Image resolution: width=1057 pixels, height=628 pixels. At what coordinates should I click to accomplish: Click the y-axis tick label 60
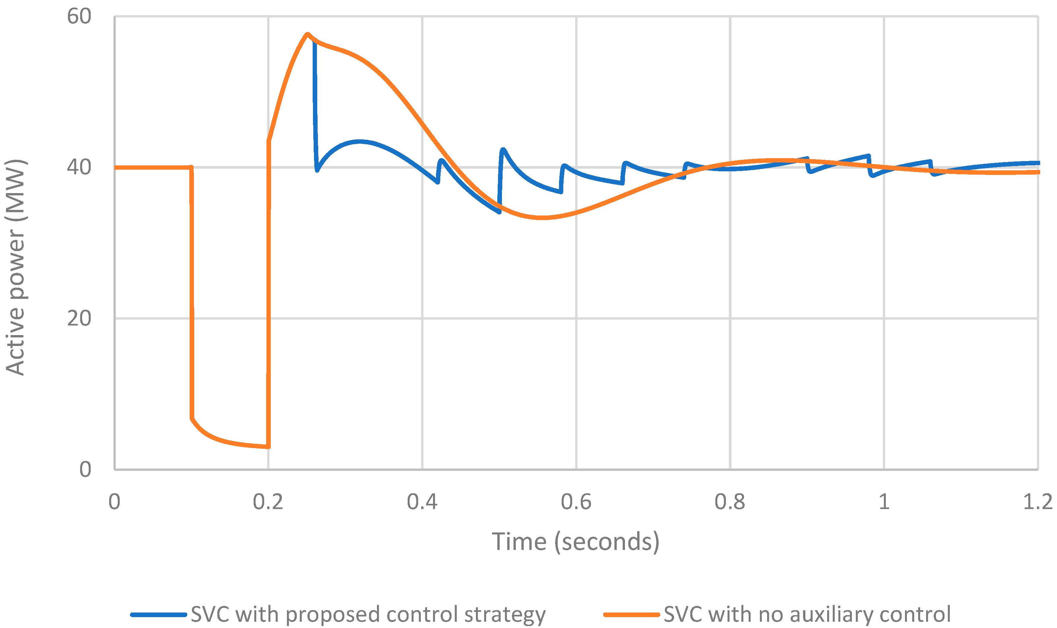tap(79, 17)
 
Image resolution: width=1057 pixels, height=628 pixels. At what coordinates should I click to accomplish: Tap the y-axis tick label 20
tap(79, 318)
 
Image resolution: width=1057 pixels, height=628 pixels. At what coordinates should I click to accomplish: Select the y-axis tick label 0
tap(85, 469)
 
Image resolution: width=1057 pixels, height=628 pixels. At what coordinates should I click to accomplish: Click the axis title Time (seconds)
tap(575, 542)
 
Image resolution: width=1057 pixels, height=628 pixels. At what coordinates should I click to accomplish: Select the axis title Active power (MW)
tap(16, 268)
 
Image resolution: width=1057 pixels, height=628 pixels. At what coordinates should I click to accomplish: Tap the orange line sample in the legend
tap(631, 614)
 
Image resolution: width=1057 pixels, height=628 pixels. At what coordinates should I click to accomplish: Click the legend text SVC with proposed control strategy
tap(368, 614)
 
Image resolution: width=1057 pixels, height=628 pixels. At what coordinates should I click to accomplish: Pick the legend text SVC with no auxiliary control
tap(807, 614)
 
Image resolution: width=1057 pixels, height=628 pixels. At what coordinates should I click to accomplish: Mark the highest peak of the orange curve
tap(307, 34)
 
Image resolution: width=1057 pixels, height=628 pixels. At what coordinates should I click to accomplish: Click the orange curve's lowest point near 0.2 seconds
tap(268, 447)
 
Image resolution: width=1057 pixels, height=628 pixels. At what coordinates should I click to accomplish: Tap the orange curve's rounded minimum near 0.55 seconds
tap(542, 218)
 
